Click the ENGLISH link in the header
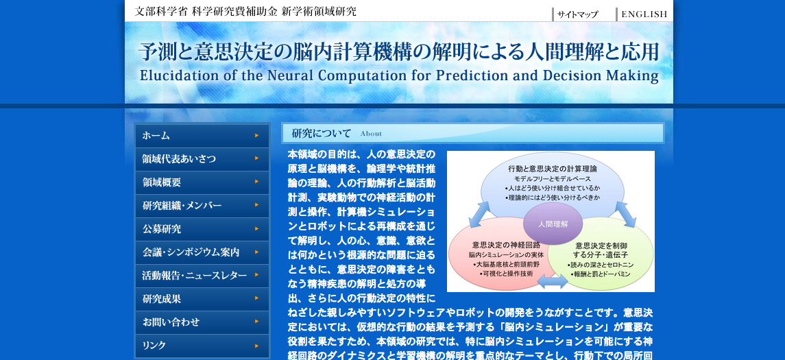coord(644,14)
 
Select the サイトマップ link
coord(577,14)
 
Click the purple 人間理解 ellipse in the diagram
coord(553,224)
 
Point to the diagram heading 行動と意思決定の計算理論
coord(552,169)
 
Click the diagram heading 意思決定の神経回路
coord(506,245)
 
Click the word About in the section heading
coord(371,134)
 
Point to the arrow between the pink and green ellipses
coord(553,281)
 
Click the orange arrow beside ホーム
coord(257,135)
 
